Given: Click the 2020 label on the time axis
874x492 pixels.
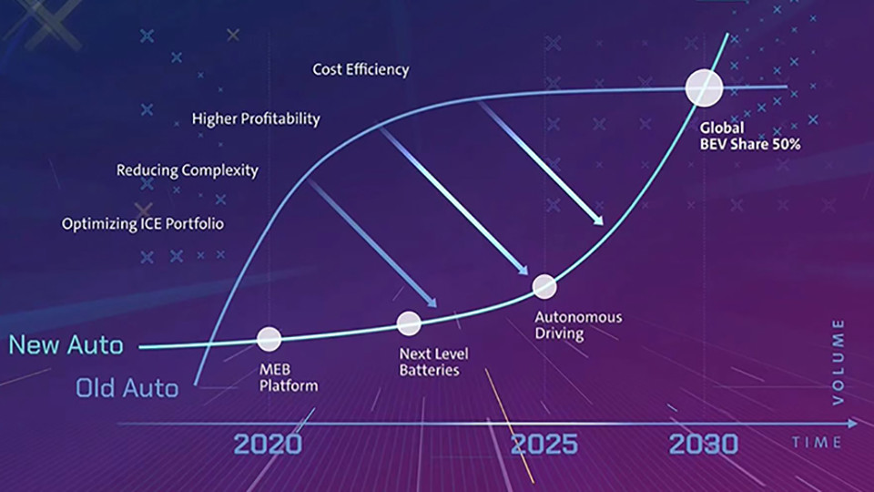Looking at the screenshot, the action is click(x=268, y=444).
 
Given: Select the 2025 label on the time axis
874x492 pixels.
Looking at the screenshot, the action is click(x=544, y=444).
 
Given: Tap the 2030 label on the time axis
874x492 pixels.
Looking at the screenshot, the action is click(x=704, y=444).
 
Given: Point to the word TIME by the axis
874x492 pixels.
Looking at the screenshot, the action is click(x=817, y=443).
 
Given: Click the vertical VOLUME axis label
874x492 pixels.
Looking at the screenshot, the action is click(x=838, y=362).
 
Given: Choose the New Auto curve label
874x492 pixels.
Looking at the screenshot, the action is click(x=66, y=344).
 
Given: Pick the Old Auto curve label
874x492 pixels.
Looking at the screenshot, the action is click(x=127, y=388).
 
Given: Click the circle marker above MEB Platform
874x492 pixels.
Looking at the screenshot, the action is click(x=269, y=339).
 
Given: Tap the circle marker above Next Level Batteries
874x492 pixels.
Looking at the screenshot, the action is click(x=409, y=323).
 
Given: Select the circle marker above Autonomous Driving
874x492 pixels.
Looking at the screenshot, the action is click(x=544, y=287).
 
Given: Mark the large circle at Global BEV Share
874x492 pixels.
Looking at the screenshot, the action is click(x=704, y=88).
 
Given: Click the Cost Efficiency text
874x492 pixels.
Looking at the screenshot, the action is click(x=361, y=70).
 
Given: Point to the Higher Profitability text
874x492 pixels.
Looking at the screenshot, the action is click(x=256, y=118).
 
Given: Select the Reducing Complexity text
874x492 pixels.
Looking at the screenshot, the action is click(x=188, y=170).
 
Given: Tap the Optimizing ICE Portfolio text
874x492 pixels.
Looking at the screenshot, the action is click(x=143, y=224).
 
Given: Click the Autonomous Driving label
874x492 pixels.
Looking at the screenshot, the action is click(x=578, y=325).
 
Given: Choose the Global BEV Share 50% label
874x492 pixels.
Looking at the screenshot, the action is click(x=749, y=136).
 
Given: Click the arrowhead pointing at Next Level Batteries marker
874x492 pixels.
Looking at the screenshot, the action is click(x=432, y=302).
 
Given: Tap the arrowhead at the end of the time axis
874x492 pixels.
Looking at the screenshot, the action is click(x=852, y=424).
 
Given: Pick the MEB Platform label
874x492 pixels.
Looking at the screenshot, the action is click(x=289, y=377).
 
